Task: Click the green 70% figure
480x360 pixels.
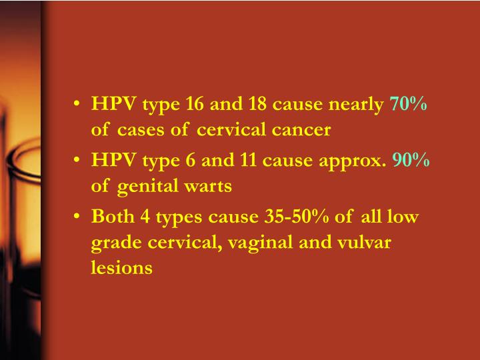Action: pos(408,105)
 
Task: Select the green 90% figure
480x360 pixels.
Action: pos(411,161)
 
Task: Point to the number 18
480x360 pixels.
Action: pos(257,105)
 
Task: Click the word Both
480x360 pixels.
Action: pos(110,217)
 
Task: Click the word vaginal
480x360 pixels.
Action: pos(251,243)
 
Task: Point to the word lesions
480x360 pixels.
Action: pos(122,268)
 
